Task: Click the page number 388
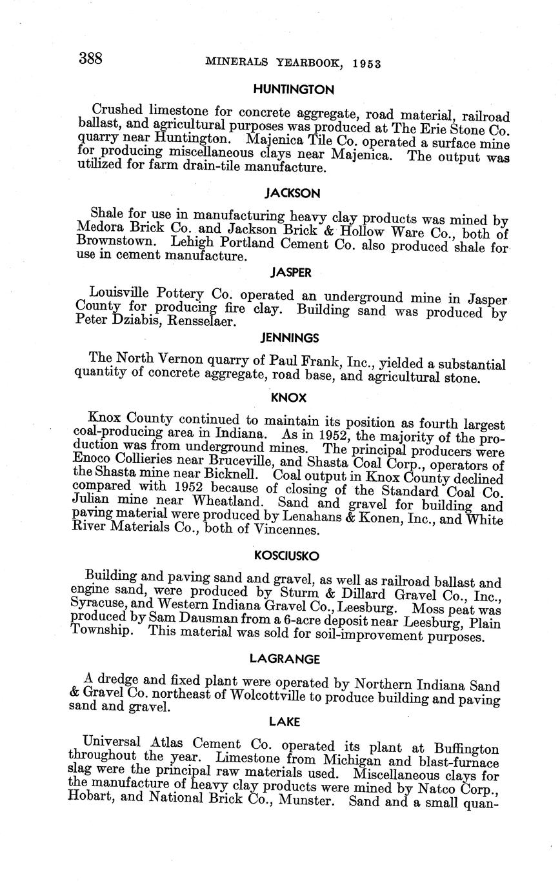point(90,59)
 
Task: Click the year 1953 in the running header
point(363,63)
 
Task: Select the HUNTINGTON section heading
point(294,90)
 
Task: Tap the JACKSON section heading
point(293,193)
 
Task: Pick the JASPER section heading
point(291,273)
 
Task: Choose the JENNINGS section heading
point(290,337)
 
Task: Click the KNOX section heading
point(289,398)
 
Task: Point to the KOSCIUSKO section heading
point(286,555)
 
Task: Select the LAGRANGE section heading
point(285,658)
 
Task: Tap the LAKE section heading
point(285,722)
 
